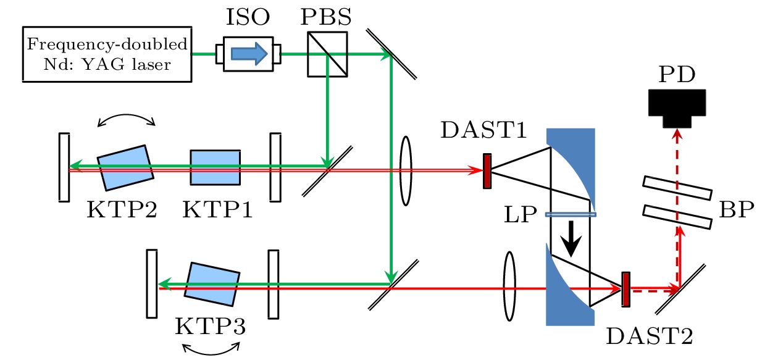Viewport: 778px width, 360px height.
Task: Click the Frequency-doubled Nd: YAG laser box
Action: pyautogui.click(x=107, y=54)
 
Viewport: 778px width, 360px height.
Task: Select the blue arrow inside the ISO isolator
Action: pyautogui.click(x=249, y=54)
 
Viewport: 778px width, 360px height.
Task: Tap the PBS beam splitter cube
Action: pyautogui.click(x=327, y=54)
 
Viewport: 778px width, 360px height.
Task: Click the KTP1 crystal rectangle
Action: pyautogui.click(x=215, y=167)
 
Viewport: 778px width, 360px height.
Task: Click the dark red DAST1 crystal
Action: pyautogui.click(x=487, y=170)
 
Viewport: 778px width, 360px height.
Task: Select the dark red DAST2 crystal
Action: pyautogui.click(x=625, y=290)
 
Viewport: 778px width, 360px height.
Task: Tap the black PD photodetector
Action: pyautogui.click(x=677, y=107)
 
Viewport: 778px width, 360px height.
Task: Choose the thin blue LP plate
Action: pyautogui.click(x=571, y=215)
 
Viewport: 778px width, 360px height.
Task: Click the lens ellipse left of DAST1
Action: pyautogui.click(x=406, y=170)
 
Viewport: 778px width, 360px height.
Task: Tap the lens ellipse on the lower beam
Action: pyautogui.click(x=509, y=286)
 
